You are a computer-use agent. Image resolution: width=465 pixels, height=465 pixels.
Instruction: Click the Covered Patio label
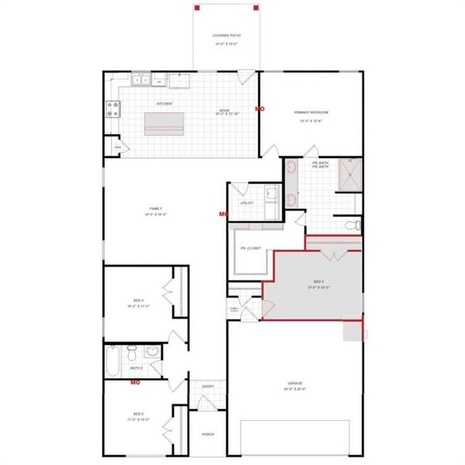(x=226, y=36)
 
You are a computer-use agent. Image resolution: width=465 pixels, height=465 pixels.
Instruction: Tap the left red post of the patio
(x=198, y=8)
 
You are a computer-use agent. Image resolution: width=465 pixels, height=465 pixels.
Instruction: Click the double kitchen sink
(x=140, y=79)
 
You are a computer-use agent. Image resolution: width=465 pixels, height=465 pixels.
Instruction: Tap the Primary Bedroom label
(x=308, y=112)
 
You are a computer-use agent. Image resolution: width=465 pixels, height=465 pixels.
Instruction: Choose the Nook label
(x=224, y=111)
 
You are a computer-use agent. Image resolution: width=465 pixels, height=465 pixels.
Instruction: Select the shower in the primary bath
(x=351, y=174)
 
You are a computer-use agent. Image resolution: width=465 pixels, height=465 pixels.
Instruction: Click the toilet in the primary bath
(x=352, y=226)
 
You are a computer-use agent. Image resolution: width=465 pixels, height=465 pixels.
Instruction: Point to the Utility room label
(x=246, y=203)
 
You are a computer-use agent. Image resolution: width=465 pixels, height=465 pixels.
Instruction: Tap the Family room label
(x=156, y=208)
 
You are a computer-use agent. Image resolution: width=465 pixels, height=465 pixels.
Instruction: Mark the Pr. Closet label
(x=250, y=248)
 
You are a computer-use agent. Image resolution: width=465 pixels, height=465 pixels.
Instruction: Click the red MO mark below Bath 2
(x=134, y=382)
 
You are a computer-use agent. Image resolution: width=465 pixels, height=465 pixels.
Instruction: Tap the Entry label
(x=208, y=387)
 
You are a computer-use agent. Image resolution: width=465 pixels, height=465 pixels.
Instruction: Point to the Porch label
(x=208, y=434)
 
